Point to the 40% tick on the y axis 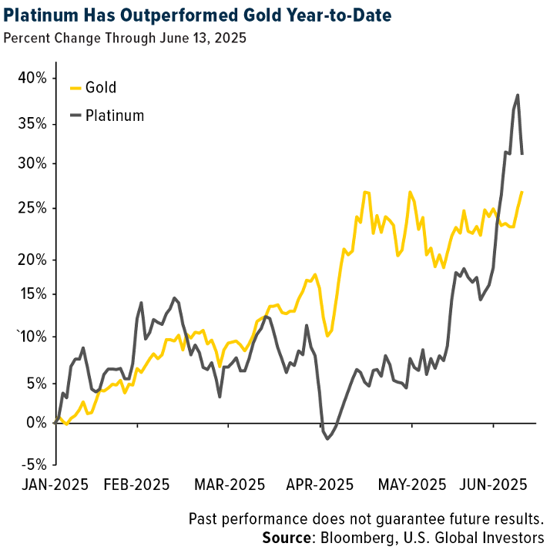click(34, 78)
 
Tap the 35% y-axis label click(34, 123)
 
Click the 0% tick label click(39, 423)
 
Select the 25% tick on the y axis click(34, 208)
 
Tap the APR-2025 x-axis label click(320, 485)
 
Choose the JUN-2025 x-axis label click(493, 485)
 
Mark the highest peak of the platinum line click(518, 95)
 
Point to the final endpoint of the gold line click(523, 192)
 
